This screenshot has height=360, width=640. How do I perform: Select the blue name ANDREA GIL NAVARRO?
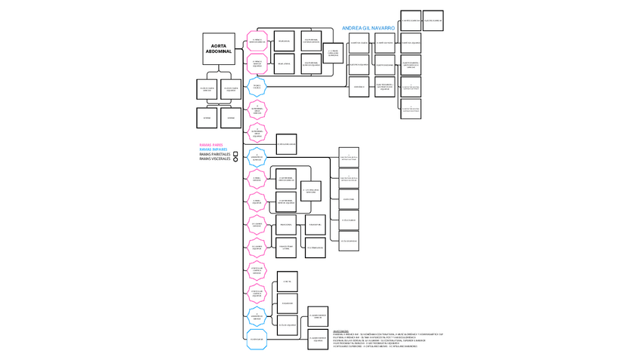pyautogui.click(x=368, y=28)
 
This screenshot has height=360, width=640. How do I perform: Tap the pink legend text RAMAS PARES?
pyautogui.click(x=211, y=144)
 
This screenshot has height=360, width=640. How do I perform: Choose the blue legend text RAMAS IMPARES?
pyautogui.click(x=213, y=149)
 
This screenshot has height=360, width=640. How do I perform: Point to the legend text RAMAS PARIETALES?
pyautogui.click(x=215, y=154)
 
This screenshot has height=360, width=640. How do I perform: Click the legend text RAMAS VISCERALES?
pyautogui.click(x=215, y=158)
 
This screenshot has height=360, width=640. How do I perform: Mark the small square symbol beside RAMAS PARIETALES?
pyautogui.click(x=236, y=154)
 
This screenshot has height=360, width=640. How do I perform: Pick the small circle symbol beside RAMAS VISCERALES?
pyautogui.click(x=236, y=159)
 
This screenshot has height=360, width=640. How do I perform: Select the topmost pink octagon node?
pyautogui.click(x=257, y=41)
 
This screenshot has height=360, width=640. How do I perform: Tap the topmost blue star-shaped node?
pyautogui.click(x=257, y=87)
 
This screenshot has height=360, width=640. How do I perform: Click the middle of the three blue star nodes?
pyautogui.click(x=257, y=157)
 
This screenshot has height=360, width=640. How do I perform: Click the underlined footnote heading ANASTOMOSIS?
pyautogui.click(x=341, y=330)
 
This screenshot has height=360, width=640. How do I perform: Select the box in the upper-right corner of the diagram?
pyautogui.click(x=432, y=21)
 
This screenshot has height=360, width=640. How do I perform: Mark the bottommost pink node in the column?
pyautogui.click(x=257, y=294)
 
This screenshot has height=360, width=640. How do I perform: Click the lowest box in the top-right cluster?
pyautogui.click(x=411, y=109)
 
